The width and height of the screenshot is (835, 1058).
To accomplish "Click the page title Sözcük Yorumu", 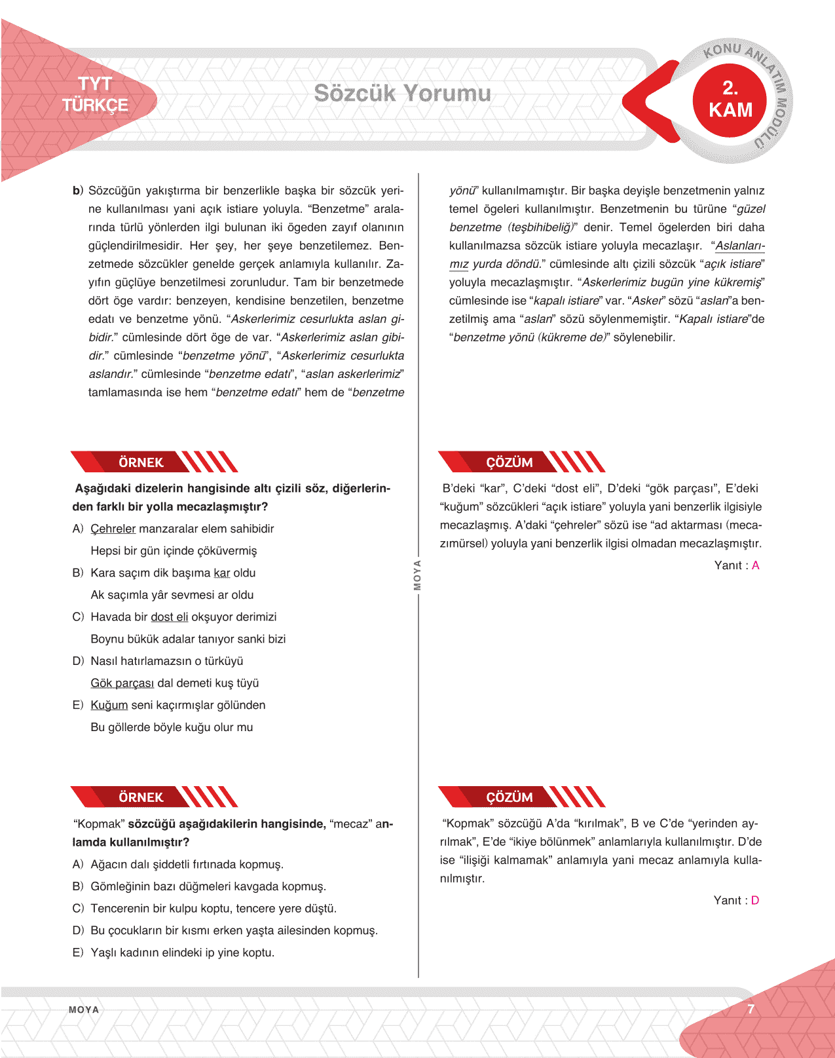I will click(x=402, y=93).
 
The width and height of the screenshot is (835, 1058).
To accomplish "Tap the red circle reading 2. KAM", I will click(x=730, y=100).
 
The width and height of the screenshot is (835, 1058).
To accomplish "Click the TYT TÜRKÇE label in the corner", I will click(x=95, y=94).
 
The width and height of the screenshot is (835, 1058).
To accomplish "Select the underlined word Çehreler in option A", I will click(x=113, y=529).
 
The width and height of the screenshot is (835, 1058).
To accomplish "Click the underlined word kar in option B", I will click(x=221, y=573).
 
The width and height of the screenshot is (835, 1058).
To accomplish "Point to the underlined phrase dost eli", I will click(x=169, y=617).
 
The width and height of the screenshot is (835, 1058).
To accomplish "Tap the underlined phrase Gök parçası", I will click(x=122, y=683).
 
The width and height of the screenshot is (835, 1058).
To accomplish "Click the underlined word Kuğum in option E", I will click(x=109, y=706).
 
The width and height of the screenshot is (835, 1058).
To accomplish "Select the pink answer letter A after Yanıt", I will click(x=755, y=565).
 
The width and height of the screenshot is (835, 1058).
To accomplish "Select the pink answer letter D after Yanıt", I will click(x=754, y=900).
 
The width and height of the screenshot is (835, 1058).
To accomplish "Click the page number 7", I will click(x=751, y=1010).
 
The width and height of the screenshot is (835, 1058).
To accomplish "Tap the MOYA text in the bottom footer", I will click(x=84, y=1010).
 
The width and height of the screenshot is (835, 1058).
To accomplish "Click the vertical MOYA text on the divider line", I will click(x=417, y=575).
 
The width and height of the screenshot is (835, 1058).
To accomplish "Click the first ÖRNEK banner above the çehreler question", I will click(x=141, y=463).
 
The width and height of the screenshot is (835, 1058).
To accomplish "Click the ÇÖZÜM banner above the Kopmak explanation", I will click(x=509, y=797).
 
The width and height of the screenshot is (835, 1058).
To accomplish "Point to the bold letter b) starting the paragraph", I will click(x=78, y=191).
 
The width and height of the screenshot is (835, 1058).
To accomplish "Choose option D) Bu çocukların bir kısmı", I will click(x=234, y=930).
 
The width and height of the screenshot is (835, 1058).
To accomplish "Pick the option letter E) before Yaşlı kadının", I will click(x=78, y=953).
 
